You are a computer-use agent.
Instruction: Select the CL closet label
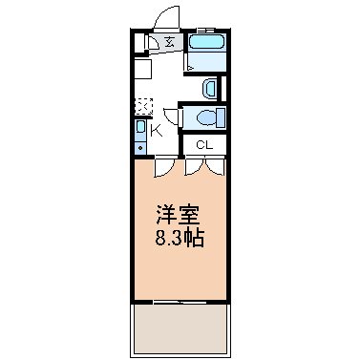point(203,144)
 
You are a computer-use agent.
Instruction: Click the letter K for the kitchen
point(157,132)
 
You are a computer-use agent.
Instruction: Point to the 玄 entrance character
point(168,42)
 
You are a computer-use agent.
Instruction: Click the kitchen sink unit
point(141,136)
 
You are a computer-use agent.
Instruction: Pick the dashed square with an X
point(142,105)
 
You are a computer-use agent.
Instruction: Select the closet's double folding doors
point(203,164)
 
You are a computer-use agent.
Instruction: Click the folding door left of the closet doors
point(166,164)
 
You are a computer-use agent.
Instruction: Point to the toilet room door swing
point(173,116)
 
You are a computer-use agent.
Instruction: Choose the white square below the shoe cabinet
point(141,69)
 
